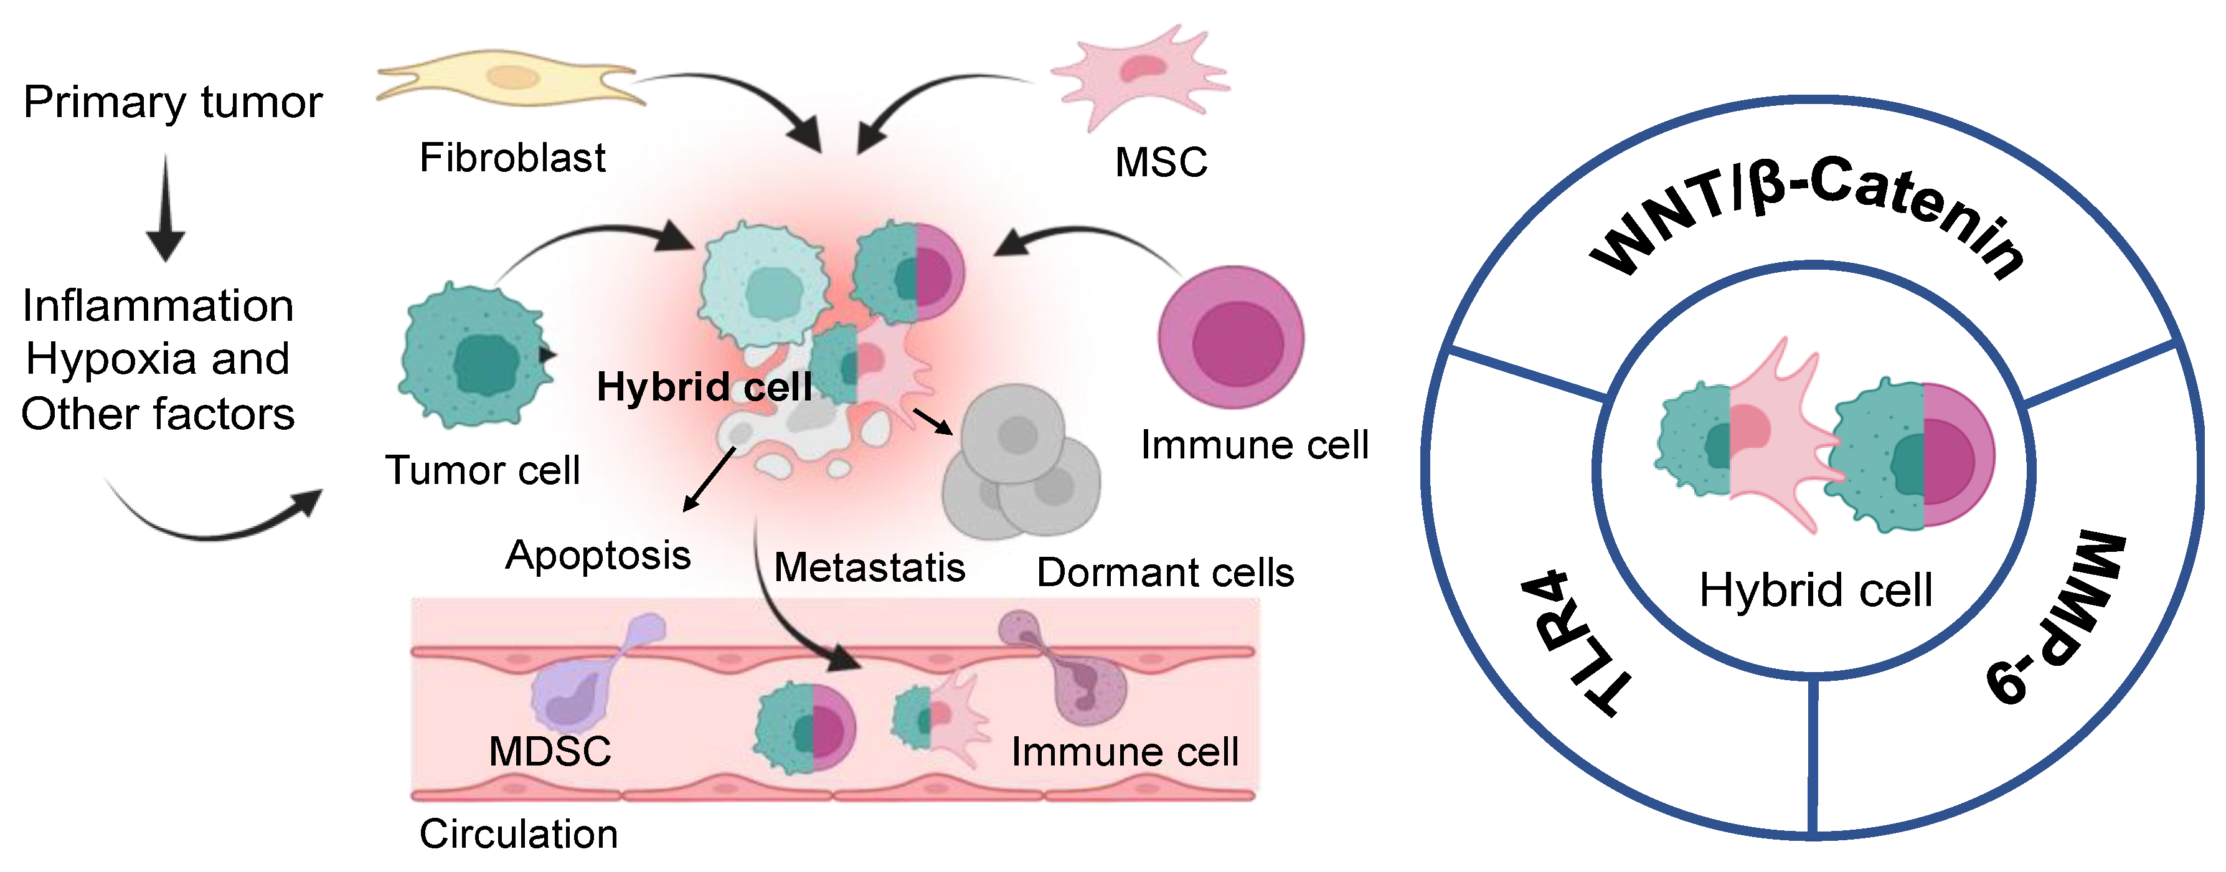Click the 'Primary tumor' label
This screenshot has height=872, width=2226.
coord(173,102)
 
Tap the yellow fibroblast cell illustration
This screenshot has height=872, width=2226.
coord(510,78)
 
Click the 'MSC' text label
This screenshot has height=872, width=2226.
coord(1161,163)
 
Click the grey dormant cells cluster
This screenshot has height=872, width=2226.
coord(1020,467)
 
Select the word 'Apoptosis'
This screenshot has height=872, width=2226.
coord(598,555)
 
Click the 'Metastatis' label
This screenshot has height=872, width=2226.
coord(869,568)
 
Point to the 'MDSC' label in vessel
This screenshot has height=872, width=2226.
coord(550,751)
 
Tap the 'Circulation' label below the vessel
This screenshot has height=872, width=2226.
coord(519,834)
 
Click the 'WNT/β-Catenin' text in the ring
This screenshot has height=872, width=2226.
coord(1806,212)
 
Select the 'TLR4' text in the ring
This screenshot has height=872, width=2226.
coord(1573,644)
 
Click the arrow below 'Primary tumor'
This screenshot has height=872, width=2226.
coord(166,207)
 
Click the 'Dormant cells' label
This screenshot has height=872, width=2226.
coord(1165,572)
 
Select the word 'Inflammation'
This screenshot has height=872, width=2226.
coord(158,306)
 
